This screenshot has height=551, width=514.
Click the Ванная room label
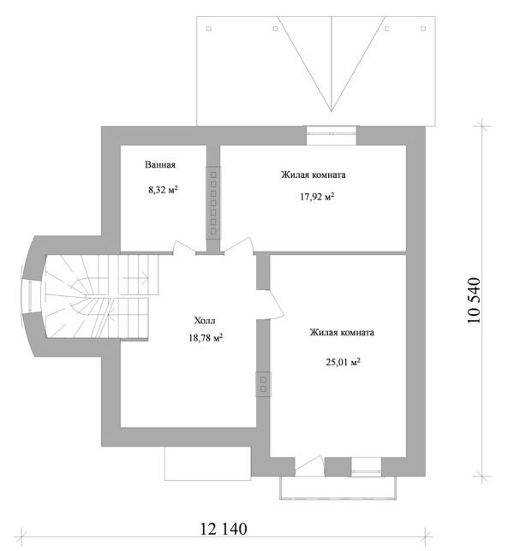point(160,165)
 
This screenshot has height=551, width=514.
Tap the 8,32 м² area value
point(163,190)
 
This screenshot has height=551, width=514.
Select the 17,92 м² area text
point(317,197)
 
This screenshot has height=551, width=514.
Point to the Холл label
point(205,321)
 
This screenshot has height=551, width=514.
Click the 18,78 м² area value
point(206,338)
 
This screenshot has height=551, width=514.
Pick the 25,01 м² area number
point(344,362)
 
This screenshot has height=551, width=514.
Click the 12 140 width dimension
point(224,529)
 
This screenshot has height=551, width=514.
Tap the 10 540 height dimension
point(474,300)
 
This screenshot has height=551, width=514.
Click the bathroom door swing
point(184,247)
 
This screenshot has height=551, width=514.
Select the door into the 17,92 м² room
point(239,246)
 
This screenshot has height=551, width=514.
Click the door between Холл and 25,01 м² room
point(270,305)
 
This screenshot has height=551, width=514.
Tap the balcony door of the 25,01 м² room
point(309,466)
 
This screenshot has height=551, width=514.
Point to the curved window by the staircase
point(31,297)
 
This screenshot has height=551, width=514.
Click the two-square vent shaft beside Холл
point(263,384)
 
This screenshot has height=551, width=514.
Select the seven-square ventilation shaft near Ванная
point(213,203)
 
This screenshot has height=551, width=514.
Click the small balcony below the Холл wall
point(207,463)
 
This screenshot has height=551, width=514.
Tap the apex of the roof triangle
point(331,111)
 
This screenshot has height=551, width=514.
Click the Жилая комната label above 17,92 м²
point(314,175)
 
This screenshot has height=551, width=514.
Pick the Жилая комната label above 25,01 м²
point(342,333)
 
